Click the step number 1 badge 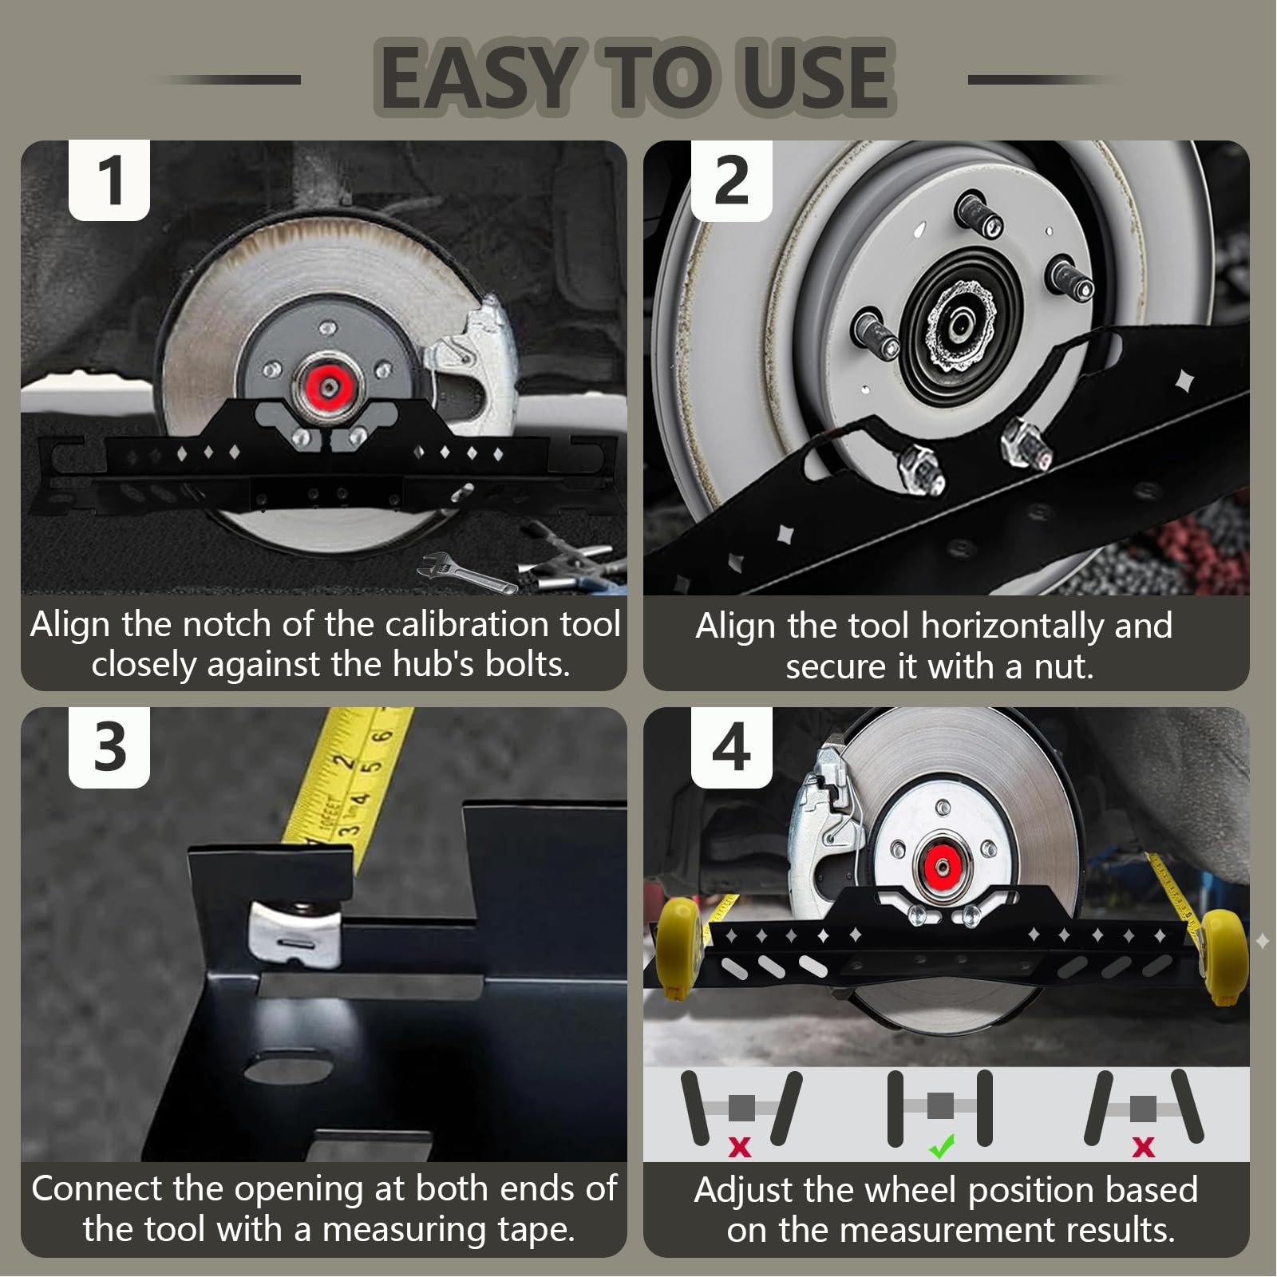(x=109, y=180)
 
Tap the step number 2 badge (x=731, y=180)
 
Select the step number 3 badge (x=109, y=748)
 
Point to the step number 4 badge (x=731, y=748)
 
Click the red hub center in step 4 (x=939, y=864)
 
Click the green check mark (x=942, y=1148)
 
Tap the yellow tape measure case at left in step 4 (x=678, y=946)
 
